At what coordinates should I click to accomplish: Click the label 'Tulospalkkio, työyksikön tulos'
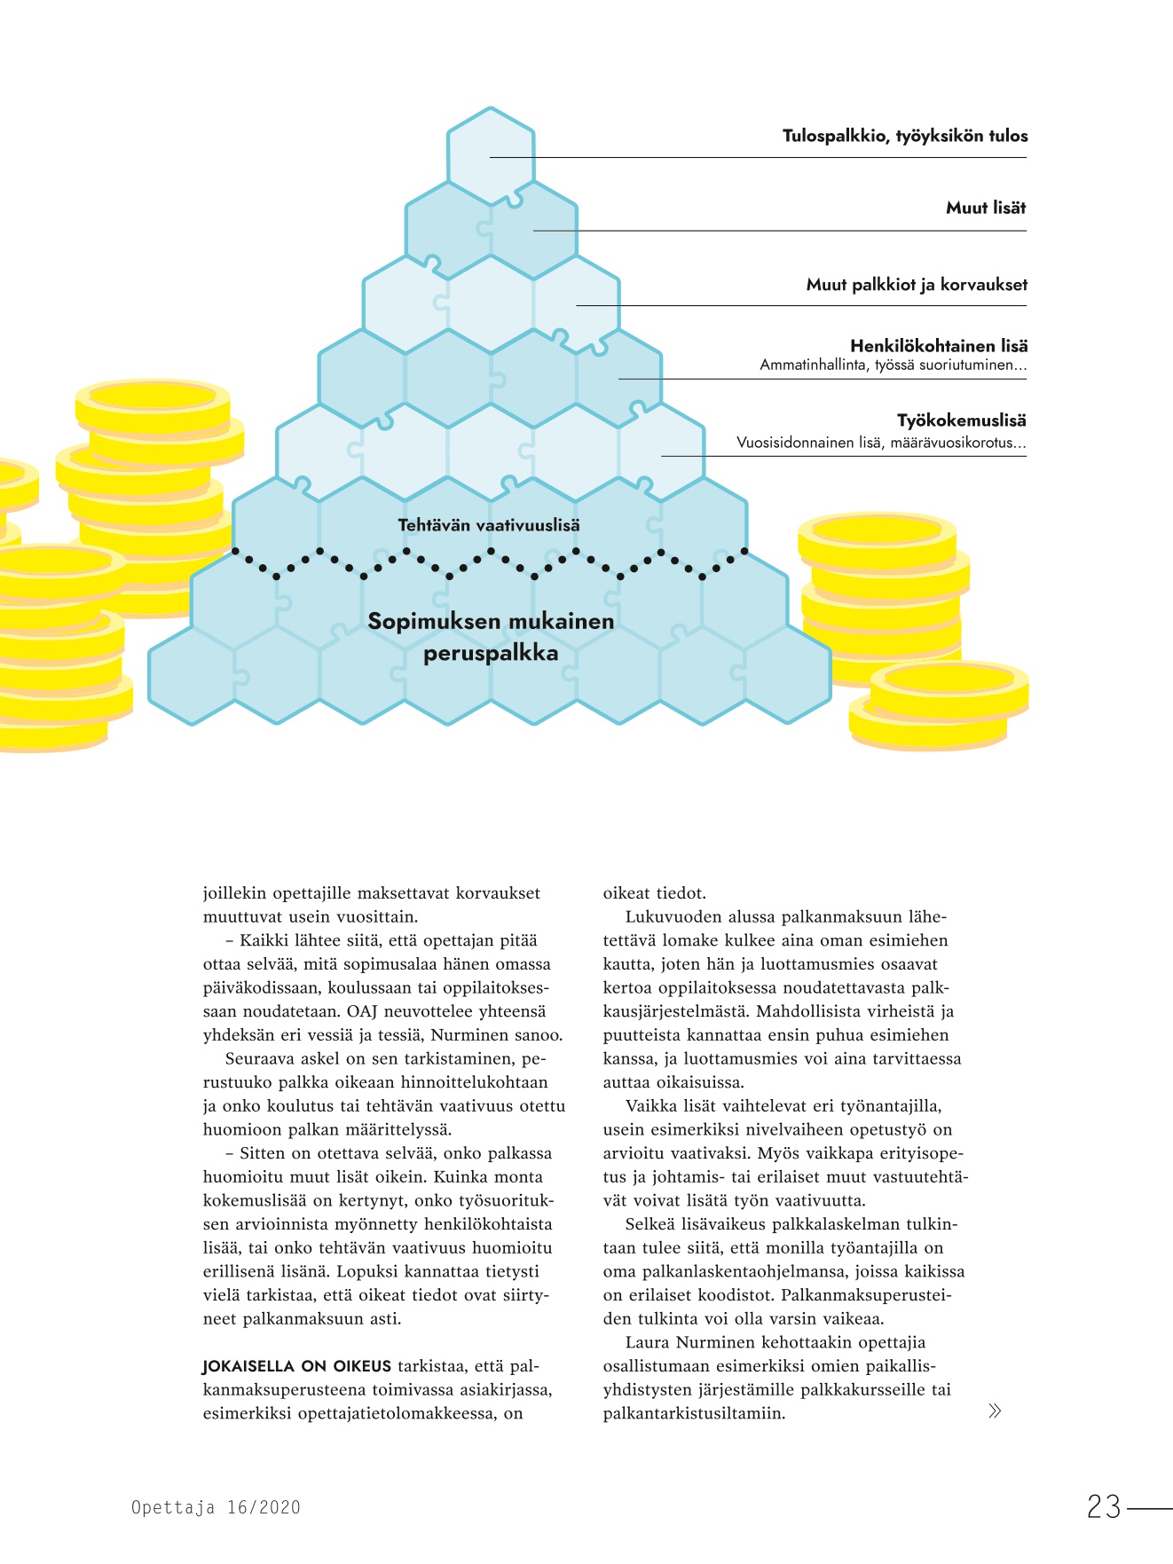(x=904, y=136)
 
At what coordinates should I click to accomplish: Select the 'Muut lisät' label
(x=985, y=208)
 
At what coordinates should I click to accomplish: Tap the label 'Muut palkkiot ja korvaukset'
(x=916, y=285)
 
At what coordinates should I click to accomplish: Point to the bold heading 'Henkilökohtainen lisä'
(x=938, y=346)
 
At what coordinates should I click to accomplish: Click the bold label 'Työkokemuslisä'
(x=961, y=420)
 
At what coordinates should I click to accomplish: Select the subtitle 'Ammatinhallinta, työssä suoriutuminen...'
(x=893, y=365)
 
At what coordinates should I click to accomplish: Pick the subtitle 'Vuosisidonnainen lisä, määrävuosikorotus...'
(x=880, y=443)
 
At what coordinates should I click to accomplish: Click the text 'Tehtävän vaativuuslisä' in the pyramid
(x=489, y=525)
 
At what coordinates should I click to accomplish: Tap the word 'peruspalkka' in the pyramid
(x=491, y=654)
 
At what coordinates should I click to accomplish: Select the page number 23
(x=1104, y=1507)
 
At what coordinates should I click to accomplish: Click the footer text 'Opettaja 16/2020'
(x=216, y=1507)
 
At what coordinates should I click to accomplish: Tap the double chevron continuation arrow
(x=995, y=1411)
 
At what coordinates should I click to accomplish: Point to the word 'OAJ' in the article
(x=363, y=1011)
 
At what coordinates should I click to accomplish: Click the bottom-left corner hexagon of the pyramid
(x=192, y=675)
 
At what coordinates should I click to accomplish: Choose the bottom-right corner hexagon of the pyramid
(x=788, y=675)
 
